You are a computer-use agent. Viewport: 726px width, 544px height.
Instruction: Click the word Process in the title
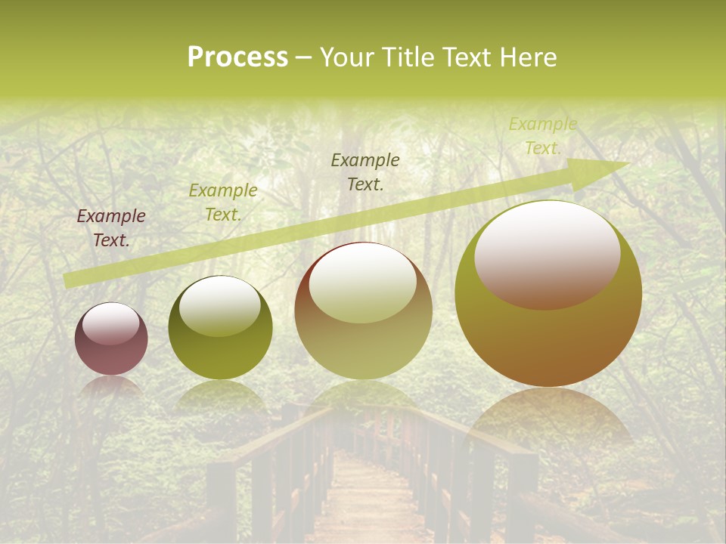tap(237, 57)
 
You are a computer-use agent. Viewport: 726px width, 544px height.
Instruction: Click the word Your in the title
tap(345, 57)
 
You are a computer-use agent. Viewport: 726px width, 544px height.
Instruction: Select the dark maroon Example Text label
tap(111, 228)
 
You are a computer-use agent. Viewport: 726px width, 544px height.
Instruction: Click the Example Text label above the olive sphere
tap(223, 202)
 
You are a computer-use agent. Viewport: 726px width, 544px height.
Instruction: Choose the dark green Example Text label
tap(365, 172)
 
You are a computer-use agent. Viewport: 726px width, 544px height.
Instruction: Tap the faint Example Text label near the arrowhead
tap(542, 136)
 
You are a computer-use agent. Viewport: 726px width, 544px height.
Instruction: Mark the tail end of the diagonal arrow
tap(68, 281)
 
